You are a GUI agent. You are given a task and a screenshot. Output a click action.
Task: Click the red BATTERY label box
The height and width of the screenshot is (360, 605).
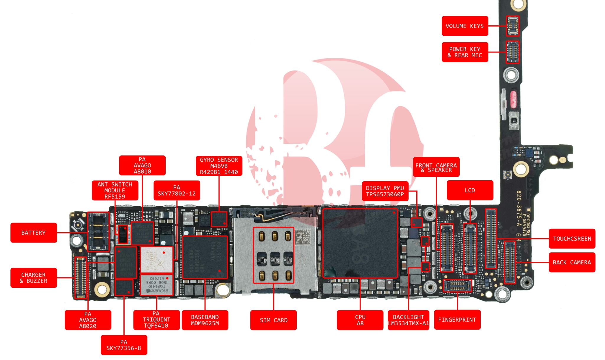34,233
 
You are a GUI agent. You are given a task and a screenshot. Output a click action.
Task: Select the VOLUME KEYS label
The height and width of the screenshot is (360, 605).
465,26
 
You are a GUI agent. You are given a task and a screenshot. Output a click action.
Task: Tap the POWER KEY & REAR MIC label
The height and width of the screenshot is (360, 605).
465,52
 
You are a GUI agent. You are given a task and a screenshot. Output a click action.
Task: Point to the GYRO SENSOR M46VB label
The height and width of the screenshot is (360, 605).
219,166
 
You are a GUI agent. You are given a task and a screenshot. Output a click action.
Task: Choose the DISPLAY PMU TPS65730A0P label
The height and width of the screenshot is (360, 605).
385,191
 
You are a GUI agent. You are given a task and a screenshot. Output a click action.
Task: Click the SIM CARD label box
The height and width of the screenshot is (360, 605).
273,320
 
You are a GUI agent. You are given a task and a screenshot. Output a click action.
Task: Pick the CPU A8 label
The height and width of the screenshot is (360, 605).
360,320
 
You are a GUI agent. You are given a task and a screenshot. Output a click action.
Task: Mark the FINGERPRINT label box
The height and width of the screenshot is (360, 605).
457,320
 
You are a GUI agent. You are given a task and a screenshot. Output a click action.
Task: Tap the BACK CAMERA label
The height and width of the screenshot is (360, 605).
572,262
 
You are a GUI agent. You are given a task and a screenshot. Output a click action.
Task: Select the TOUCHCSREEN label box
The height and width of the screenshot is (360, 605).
572,239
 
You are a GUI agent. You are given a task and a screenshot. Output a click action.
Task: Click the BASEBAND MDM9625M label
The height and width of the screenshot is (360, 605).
205,320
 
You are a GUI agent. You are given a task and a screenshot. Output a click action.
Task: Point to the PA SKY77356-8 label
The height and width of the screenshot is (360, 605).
124,345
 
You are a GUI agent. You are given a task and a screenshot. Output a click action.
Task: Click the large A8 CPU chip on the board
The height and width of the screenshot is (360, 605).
360,243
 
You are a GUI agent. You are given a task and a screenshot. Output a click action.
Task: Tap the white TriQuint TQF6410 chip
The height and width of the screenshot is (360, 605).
156,285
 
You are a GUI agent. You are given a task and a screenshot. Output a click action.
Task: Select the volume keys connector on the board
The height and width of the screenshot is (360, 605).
513,26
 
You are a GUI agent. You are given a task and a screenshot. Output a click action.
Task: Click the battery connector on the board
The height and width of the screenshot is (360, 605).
98,232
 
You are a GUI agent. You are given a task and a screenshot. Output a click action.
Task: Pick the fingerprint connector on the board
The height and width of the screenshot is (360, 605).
457,285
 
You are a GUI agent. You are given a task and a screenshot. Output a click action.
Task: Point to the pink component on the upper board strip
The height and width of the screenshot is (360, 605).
513,99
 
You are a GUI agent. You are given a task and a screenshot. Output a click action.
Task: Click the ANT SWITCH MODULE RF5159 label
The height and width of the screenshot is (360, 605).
115,190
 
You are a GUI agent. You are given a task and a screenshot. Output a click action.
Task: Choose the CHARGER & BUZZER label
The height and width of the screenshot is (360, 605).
34,278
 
